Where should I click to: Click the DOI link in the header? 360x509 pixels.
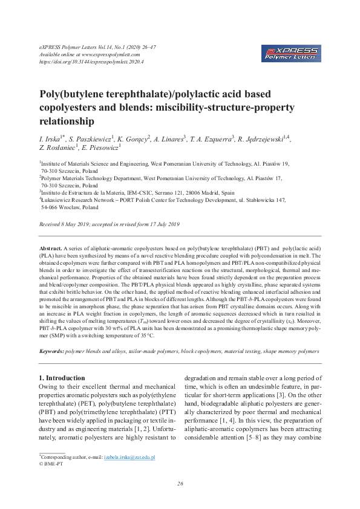pos(85,62)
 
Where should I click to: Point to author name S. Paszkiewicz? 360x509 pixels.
pos(91,140)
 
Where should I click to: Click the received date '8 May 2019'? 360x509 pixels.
pos(75,224)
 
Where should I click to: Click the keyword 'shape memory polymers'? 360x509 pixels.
pos(286,351)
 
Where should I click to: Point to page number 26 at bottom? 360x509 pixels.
pos(180,484)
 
